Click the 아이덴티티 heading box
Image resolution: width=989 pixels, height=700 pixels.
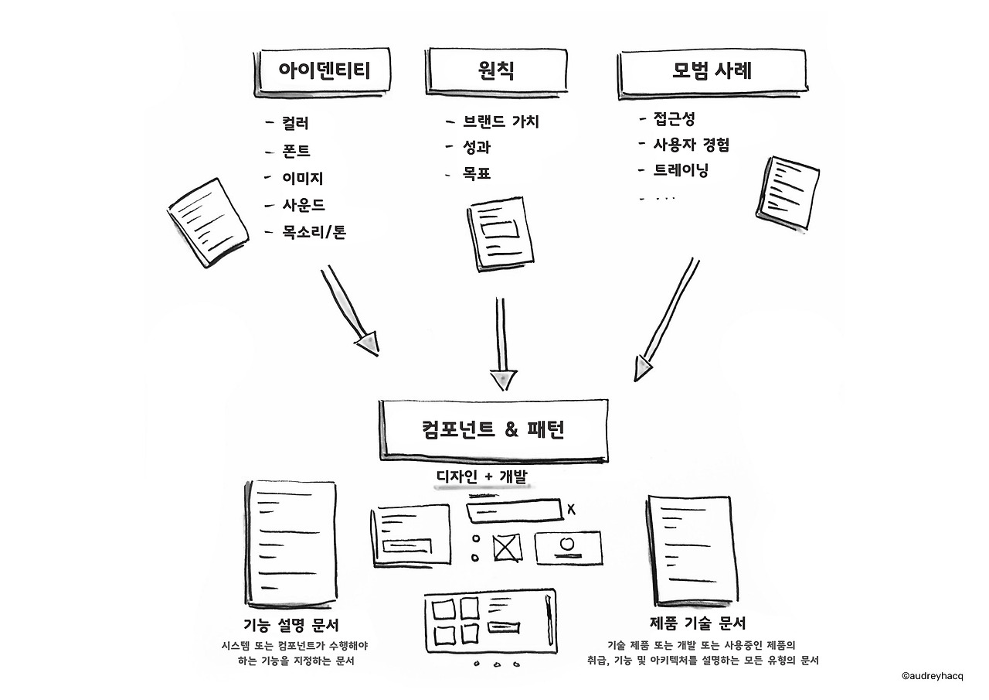point(322,72)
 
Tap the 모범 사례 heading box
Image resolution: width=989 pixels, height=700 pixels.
point(712,73)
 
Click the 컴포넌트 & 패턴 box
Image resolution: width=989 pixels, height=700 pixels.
point(494,430)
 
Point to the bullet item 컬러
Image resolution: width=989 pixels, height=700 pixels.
point(295,123)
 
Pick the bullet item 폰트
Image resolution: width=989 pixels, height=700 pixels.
point(296,151)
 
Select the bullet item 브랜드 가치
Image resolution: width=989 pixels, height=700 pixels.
point(501,121)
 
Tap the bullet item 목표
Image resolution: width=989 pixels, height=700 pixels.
point(477,173)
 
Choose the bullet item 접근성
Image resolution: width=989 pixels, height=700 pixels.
point(674,118)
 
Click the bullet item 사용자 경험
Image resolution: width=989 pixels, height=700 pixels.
point(691,145)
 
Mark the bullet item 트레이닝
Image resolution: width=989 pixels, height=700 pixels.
point(681,170)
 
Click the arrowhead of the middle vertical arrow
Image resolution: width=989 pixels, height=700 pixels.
point(503,380)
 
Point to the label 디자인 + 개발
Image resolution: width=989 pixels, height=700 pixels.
point(482,476)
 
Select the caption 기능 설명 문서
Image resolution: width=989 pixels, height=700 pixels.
point(291,625)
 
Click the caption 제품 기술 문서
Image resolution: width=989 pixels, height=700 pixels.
point(698,623)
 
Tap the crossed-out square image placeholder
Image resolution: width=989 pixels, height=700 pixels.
point(507,548)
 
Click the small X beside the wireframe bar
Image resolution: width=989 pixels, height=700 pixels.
point(571,510)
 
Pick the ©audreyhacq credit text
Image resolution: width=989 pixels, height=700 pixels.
point(933,676)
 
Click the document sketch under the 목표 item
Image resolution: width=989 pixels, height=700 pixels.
point(500,234)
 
